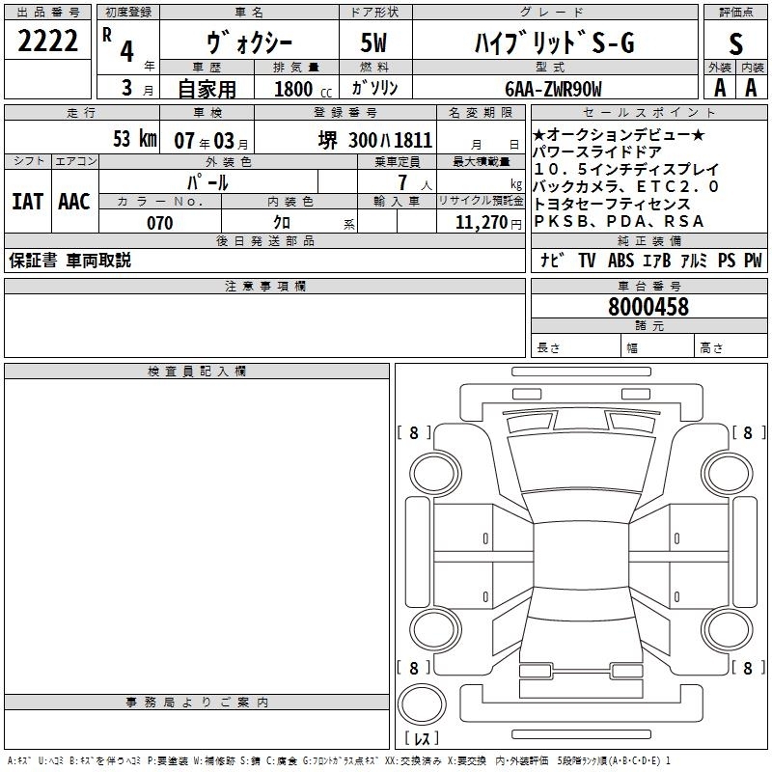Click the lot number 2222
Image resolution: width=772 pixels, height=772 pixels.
47,41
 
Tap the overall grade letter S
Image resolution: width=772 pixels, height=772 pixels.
735,43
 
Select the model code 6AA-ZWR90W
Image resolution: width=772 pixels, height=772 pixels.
553,89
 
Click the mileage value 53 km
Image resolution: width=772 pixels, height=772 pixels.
135,138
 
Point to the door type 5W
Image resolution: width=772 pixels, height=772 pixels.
373,42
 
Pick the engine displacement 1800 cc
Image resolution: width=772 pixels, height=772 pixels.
303,89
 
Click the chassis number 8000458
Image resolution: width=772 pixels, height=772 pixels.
648,307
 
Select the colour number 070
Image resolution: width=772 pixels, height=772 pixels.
160,223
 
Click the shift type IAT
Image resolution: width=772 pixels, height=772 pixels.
28,202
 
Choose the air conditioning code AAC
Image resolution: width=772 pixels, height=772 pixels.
74,202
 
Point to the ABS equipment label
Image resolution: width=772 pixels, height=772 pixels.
620,260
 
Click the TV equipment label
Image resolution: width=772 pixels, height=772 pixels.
587,260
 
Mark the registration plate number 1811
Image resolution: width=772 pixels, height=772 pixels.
413,140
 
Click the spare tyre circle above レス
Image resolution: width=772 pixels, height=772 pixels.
422,704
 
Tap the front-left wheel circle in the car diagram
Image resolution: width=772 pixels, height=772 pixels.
435,474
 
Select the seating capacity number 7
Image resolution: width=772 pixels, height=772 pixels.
402,182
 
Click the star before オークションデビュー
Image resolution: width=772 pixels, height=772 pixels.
538,135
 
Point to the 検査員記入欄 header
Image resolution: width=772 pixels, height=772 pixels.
197,372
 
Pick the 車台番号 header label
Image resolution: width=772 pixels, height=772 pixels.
649,286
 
